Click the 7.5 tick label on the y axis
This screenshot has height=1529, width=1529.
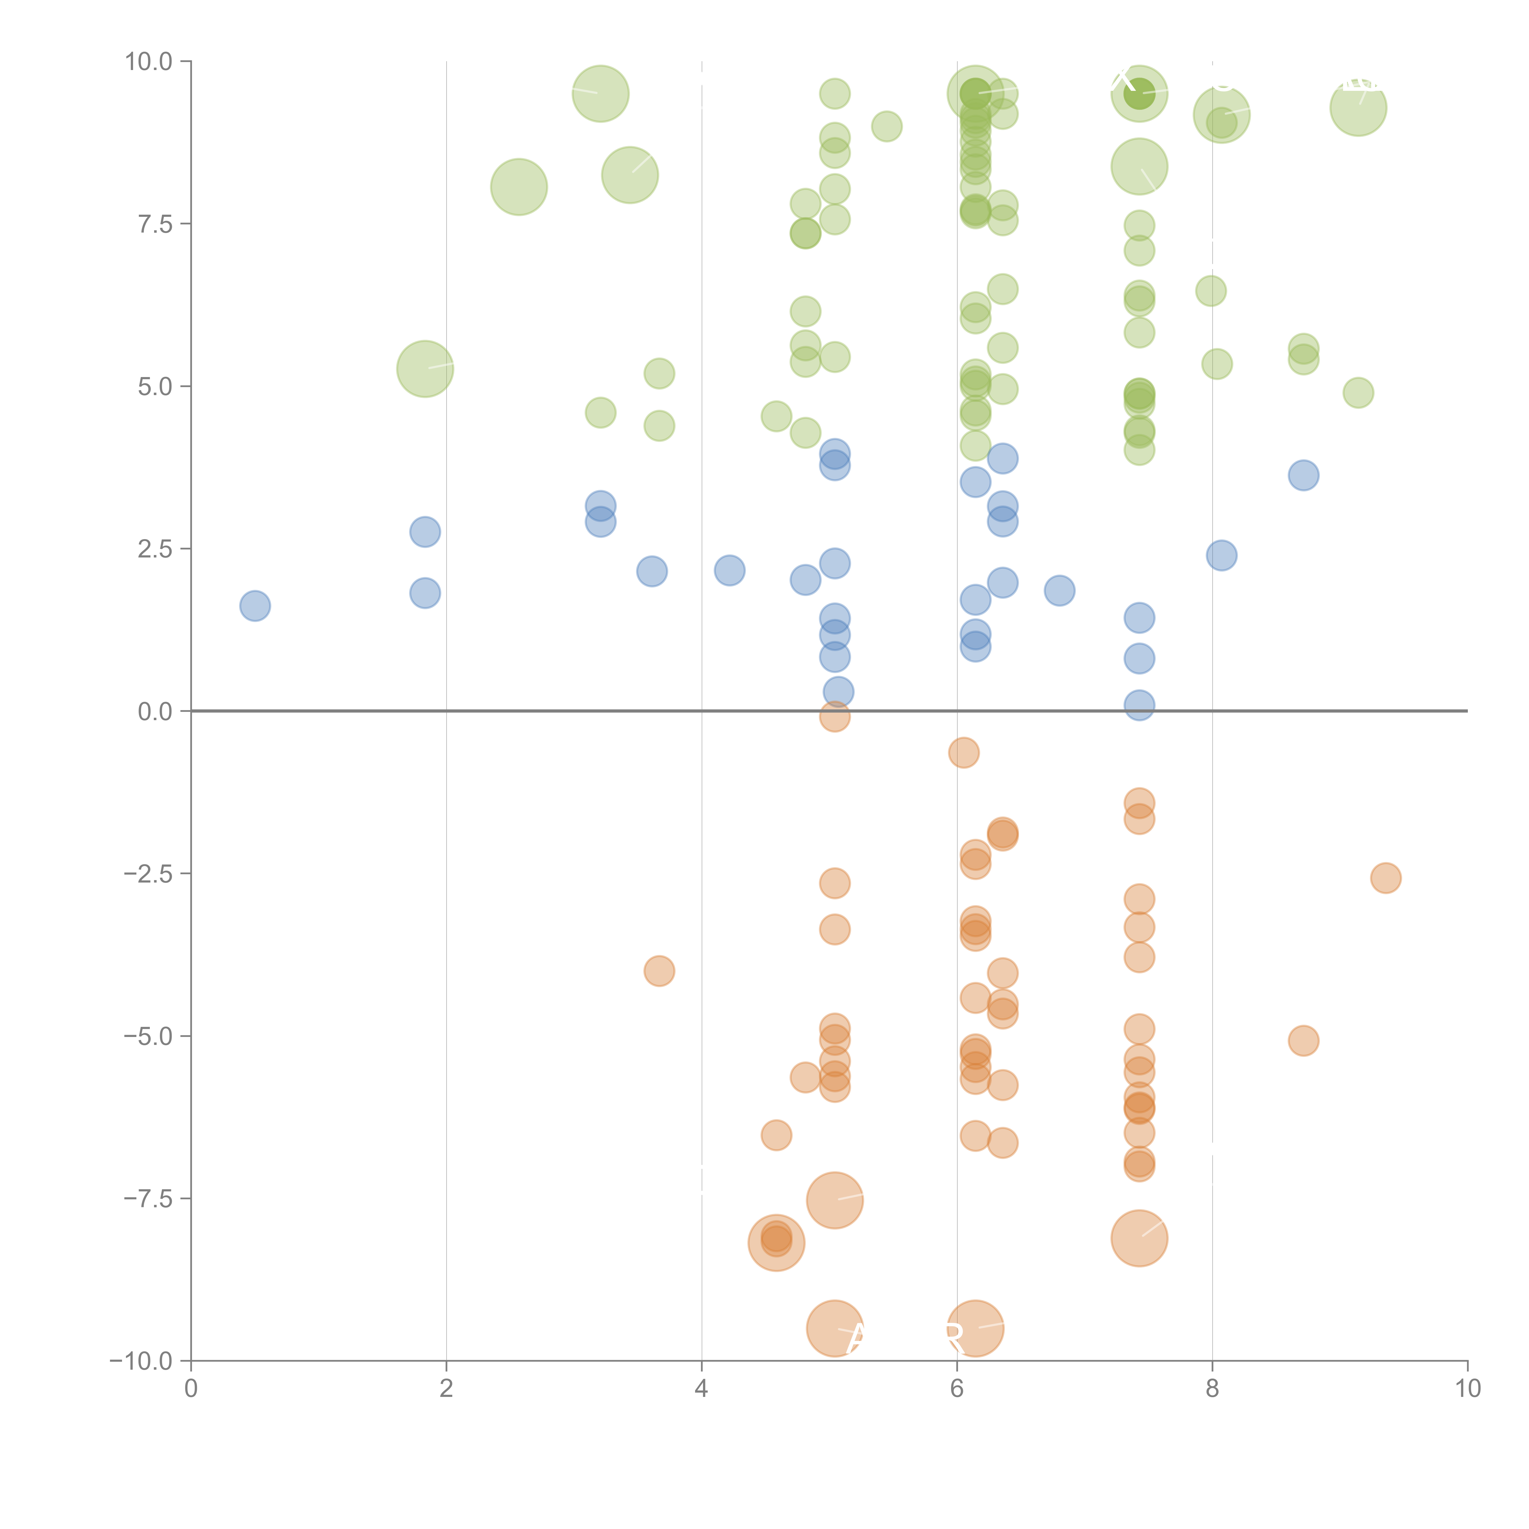[x=155, y=224]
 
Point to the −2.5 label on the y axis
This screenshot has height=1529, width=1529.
[x=148, y=874]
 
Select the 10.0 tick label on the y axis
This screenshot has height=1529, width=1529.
[x=149, y=62]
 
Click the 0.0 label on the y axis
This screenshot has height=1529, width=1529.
[x=155, y=712]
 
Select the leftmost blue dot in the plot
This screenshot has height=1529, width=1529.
[x=255, y=606]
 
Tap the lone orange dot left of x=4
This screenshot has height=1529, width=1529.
[x=659, y=971]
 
